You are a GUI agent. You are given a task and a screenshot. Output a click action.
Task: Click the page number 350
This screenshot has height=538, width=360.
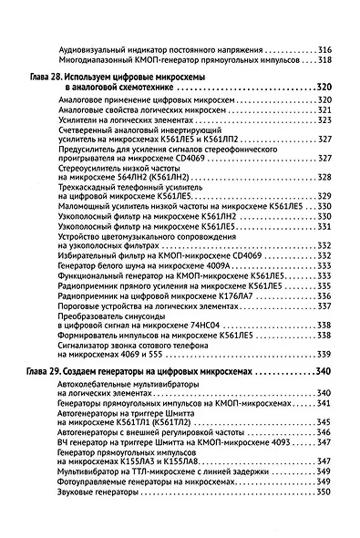point(324,493)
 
